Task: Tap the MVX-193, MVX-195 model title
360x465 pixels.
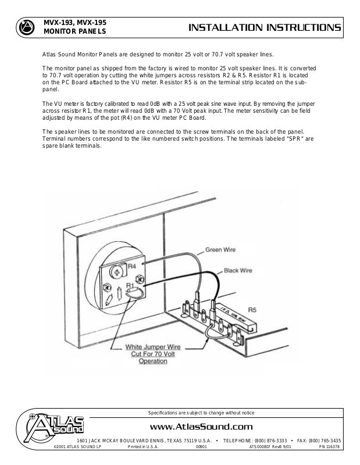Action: pyautogui.click(x=76, y=23)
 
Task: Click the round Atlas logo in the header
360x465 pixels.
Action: pyautogui.click(x=25, y=27)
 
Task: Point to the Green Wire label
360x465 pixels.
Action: pyautogui.click(x=220, y=251)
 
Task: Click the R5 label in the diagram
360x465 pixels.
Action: pyautogui.click(x=251, y=310)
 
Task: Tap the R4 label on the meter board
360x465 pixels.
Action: pyautogui.click(x=131, y=266)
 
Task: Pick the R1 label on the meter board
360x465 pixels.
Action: pyautogui.click(x=131, y=286)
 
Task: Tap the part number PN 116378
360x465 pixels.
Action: pyautogui.click(x=330, y=447)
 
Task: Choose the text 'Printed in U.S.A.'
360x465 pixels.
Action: pyautogui.click(x=143, y=447)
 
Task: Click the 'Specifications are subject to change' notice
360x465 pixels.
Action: pyautogui.click(x=201, y=413)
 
